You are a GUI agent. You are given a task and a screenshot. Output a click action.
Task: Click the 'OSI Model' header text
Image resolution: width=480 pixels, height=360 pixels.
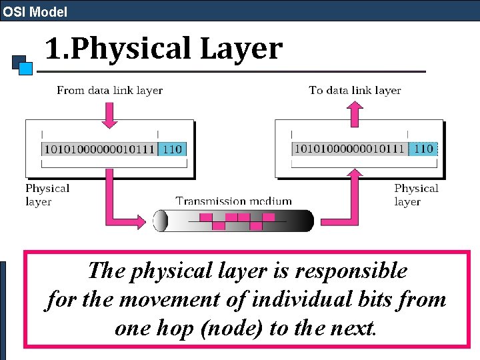[x=35, y=11]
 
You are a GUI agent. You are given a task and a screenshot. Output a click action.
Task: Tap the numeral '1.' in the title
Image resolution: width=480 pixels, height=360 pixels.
[x=57, y=49]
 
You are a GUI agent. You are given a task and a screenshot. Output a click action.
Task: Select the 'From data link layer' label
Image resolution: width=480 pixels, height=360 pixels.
[x=110, y=90]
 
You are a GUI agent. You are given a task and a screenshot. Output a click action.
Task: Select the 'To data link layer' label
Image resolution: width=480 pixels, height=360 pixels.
[x=355, y=90]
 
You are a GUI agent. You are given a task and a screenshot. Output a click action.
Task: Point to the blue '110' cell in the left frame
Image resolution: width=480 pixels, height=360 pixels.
[x=173, y=149]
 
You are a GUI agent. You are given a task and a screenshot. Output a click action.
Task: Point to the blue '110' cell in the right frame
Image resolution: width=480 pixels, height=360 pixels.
[x=423, y=149]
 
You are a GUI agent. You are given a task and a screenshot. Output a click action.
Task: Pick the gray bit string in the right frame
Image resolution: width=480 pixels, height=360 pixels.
[x=349, y=149]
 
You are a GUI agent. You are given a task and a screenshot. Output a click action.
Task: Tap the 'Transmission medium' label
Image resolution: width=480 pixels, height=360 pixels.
[x=233, y=201]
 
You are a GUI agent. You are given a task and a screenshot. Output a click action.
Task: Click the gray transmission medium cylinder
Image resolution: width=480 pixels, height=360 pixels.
[x=233, y=221]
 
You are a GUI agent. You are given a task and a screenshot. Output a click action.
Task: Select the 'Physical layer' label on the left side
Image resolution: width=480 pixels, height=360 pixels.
[x=47, y=195]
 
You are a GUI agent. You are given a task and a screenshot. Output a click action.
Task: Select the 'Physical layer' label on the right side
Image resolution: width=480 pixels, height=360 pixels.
[x=415, y=195]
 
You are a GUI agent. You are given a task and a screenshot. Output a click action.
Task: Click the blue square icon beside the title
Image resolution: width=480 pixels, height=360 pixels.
[x=25, y=67]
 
